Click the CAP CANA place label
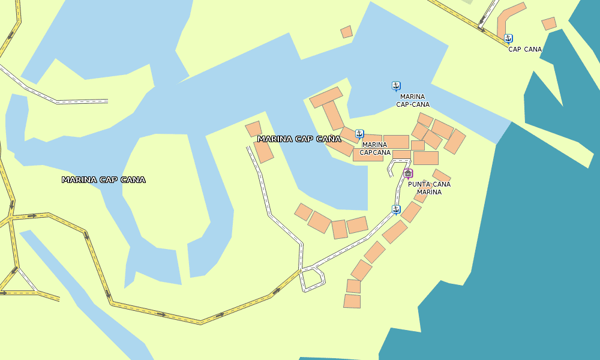tap(525, 49)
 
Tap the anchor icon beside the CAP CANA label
tap(508, 38)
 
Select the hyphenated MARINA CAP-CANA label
tap(412, 100)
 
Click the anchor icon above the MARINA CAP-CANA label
tap(395, 86)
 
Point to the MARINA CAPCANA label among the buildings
tap(374, 148)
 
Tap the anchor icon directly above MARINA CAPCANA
tap(359, 134)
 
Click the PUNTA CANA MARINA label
tap(429, 188)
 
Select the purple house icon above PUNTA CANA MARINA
tap(408, 173)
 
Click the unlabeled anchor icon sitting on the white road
tap(395, 209)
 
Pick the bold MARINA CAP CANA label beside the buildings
tap(299, 139)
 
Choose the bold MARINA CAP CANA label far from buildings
tap(103, 179)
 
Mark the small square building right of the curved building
tap(548, 23)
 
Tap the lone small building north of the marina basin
tap(346, 32)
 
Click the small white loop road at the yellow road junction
tap(312, 280)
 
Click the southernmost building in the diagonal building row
tap(352, 301)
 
